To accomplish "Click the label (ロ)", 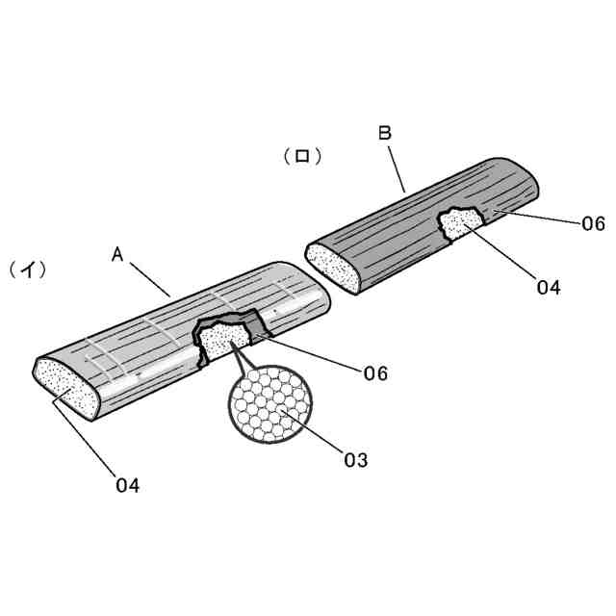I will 301,156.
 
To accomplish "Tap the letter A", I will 117,254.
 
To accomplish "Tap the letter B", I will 384,134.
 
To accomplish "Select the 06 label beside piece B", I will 592,223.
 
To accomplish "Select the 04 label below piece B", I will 549,286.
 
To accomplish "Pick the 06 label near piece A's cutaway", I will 375,372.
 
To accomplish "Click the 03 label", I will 355,460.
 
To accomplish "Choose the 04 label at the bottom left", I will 127,485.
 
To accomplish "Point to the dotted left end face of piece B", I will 332,266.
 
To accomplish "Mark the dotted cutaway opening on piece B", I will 460,225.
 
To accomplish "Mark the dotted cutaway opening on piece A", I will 224,339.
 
